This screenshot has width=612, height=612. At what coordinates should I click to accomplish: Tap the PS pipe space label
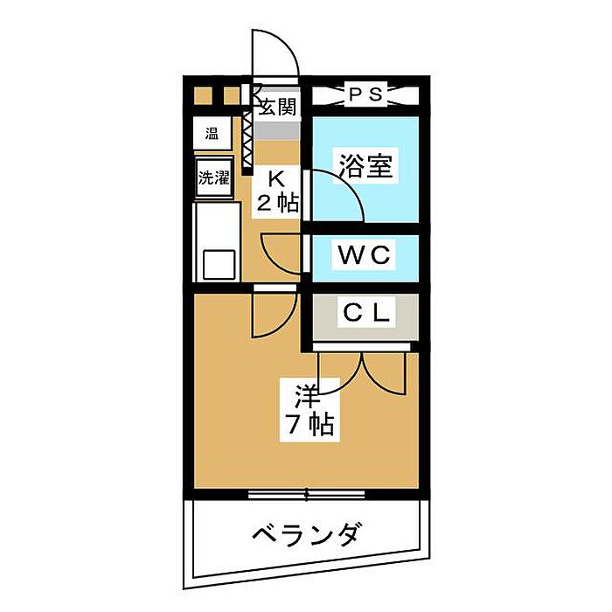[365, 94]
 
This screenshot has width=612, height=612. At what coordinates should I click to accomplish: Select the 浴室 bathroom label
[365, 166]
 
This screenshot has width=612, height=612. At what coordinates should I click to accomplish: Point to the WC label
[365, 257]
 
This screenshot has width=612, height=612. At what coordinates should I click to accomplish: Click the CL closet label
[365, 311]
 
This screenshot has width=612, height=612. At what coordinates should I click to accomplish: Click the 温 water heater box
[212, 134]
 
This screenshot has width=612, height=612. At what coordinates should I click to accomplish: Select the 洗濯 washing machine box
[212, 178]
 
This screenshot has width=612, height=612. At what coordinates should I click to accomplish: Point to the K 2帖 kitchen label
[276, 192]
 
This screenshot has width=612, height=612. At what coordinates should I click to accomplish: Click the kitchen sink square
[216, 263]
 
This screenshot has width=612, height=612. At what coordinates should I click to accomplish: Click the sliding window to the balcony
[306, 495]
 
